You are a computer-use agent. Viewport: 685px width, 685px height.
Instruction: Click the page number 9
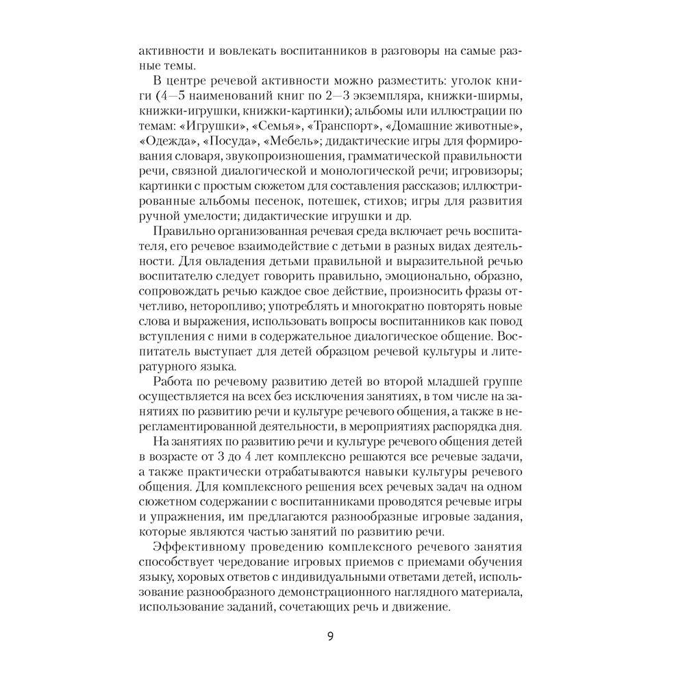(x=330, y=636)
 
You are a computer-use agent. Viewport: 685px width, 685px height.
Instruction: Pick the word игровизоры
(x=489, y=171)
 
